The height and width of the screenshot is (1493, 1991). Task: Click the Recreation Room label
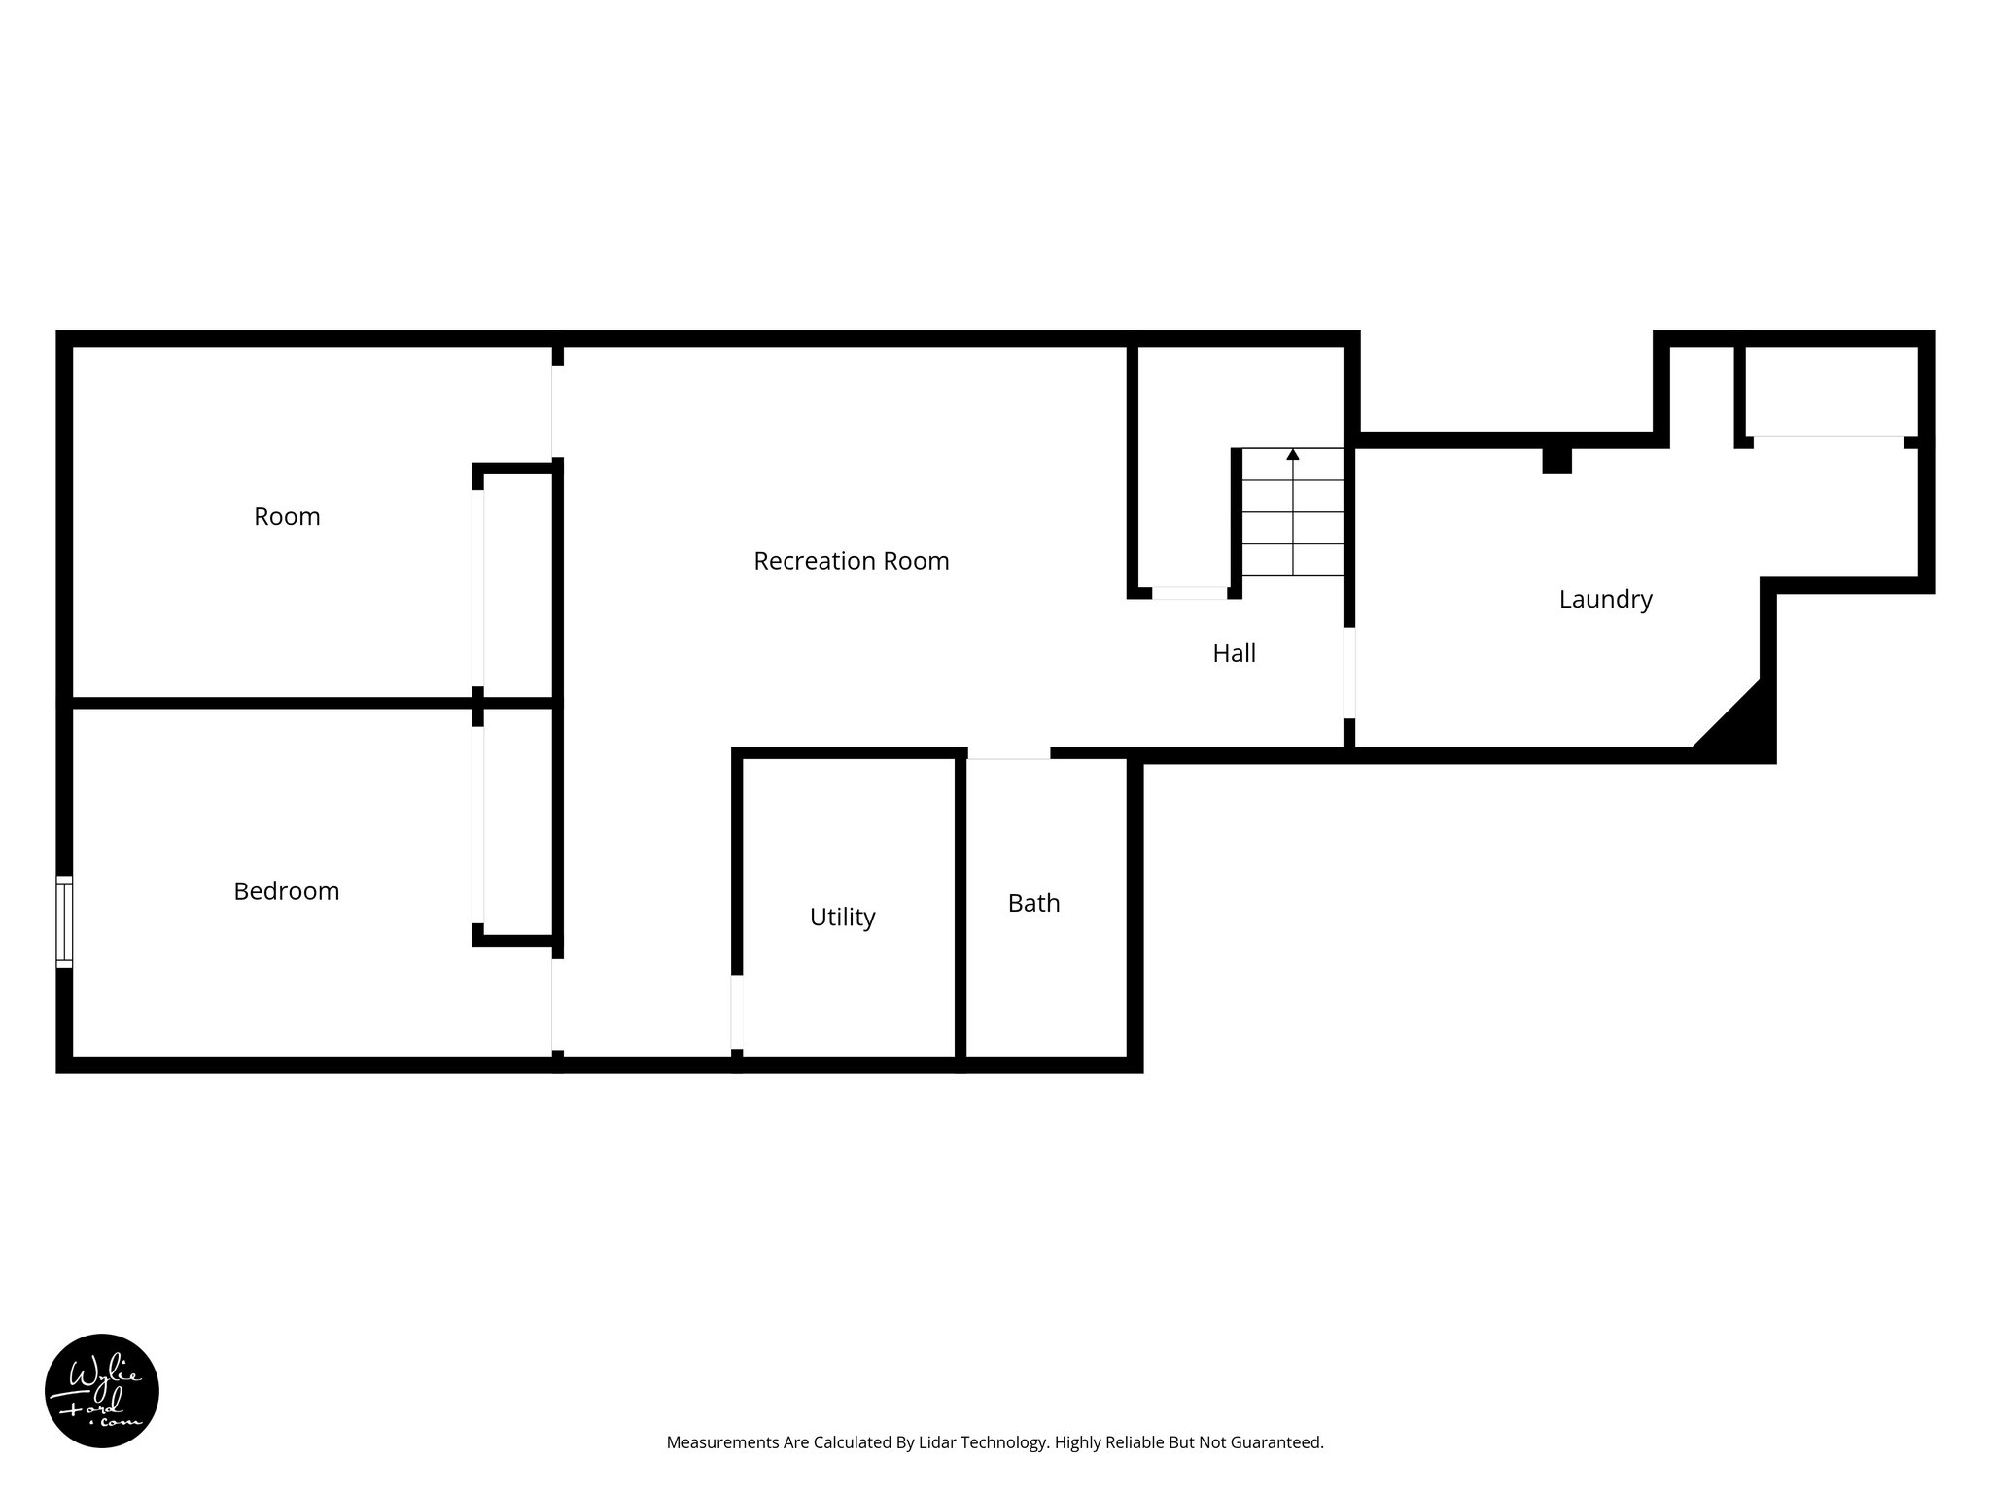pyautogui.click(x=851, y=561)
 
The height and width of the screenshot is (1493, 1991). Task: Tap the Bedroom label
pyautogui.click(x=286, y=891)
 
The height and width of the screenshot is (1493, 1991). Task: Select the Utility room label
pyautogui.click(x=842, y=917)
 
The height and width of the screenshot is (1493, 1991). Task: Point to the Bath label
pyautogui.click(x=1033, y=903)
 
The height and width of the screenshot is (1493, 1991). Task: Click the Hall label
pyautogui.click(x=1234, y=653)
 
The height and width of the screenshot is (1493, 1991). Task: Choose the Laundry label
pyautogui.click(x=1605, y=599)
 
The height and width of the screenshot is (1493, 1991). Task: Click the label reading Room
pyautogui.click(x=287, y=516)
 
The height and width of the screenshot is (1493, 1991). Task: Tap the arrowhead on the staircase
pyautogui.click(x=1293, y=454)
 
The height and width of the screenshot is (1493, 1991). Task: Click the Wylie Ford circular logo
pyautogui.click(x=102, y=1391)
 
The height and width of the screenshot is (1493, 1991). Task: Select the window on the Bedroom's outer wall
pyautogui.click(x=64, y=921)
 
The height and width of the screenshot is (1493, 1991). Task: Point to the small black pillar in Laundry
pyautogui.click(x=1556, y=460)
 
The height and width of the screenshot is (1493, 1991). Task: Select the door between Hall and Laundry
pyautogui.click(x=1349, y=673)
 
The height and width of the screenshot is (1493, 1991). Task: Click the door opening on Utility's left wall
pyautogui.click(x=737, y=1011)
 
